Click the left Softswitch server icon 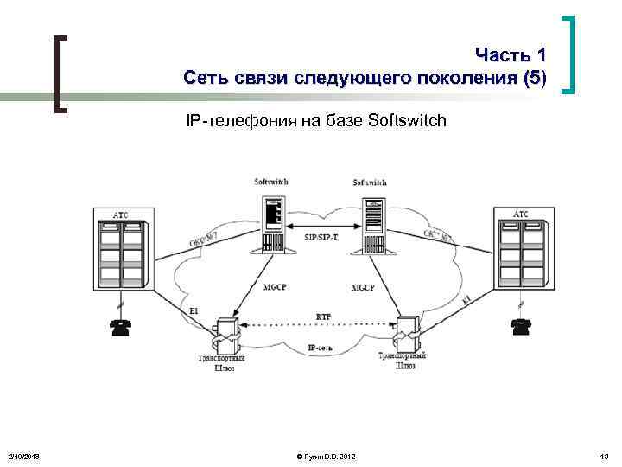tap(272, 223)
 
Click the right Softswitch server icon tap(370, 223)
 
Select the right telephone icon tap(520, 326)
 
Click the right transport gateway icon tap(407, 330)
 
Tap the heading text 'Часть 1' tap(511, 57)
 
